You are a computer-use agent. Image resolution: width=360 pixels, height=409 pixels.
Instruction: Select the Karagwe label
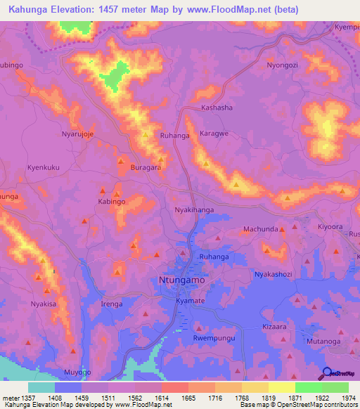pyautogui.click(x=215, y=131)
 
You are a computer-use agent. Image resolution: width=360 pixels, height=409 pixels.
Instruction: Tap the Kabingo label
pyautogui.click(x=111, y=201)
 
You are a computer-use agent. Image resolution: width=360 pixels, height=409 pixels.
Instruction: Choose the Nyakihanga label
pyautogui.click(x=193, y=210)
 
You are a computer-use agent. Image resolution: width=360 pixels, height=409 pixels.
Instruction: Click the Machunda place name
pyautogui.click(x=260, y=229)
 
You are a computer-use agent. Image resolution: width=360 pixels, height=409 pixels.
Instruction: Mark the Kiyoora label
pyautogui.click(x=330, y=227)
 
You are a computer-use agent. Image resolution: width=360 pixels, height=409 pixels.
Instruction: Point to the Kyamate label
pyautogui.click(x=190, y=300)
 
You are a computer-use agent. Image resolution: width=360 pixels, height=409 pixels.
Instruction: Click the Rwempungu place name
pyautogui.click(x=213, y=338)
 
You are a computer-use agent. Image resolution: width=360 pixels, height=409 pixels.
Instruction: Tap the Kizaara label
pyautogui.click(x=275, y=327)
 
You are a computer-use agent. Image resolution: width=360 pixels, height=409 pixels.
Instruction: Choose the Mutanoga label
pyautogui.click(x=323, y=341)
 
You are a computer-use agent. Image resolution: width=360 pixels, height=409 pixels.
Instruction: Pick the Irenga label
pyautogui.click(x=112, y=304)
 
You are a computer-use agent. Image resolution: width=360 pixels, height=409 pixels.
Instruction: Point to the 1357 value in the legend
pyautogui.click(x=28, y=398)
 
